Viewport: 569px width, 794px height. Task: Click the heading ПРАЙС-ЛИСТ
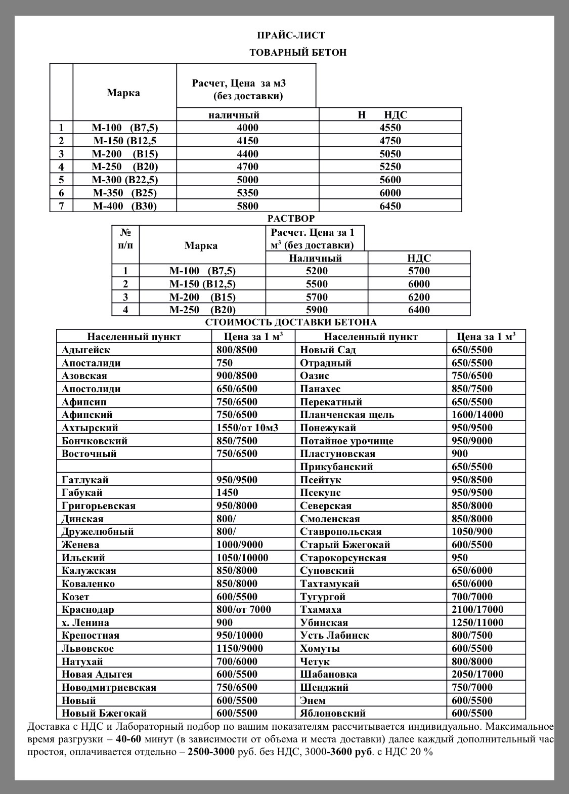coord(291,35)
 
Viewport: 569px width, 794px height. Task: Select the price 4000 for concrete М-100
coord(247,128)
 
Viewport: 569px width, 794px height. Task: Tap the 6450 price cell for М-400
coord(390,206)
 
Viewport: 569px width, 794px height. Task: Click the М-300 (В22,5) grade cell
coord(124,180)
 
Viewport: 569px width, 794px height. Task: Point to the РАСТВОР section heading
coord(291,219)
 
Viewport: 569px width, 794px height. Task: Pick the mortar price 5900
coord(317,310)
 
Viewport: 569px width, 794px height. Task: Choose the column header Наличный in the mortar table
coord(315,258)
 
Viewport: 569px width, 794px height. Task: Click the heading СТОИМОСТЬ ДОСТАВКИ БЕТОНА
coord(291,323)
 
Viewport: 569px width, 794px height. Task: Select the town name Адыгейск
coord(85,350)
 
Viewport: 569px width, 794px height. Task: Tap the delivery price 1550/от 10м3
coord(247,428)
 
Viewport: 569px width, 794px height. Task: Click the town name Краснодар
coord(87,609)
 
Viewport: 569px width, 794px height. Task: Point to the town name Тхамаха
coord(320,609)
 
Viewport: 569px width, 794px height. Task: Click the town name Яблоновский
coord(332,713)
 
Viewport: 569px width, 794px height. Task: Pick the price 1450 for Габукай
coord(227,492)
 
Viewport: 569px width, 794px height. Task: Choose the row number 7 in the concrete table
coord(61,206)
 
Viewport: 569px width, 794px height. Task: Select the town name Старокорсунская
coord(343,558)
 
